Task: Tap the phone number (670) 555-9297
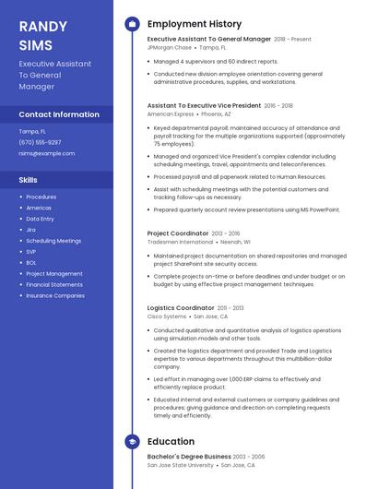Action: click(x=41, y=142)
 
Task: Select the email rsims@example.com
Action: click(x=47, y=153)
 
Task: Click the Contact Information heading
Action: click(x=59, y=114)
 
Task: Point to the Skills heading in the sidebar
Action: click(x=29, y=180)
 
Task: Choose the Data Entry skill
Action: click(x=40, y=219)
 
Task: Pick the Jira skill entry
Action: click(x=31, y=229)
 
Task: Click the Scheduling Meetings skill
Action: click(x=53, y=240)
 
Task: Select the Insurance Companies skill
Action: click(x=55, y=295)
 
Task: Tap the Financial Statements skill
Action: click(x=54, y=284)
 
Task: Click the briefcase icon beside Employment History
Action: click(x=132, y=24)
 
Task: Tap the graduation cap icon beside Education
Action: click(x=132, y=442)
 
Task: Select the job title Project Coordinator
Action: click(x=178, y=233)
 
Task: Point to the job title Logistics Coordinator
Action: click(x=181, y=307)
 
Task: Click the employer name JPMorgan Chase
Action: click(x=170, y=47)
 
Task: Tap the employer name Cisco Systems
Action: click(x=167, y=316)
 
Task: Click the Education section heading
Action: click(x=171, y=442)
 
